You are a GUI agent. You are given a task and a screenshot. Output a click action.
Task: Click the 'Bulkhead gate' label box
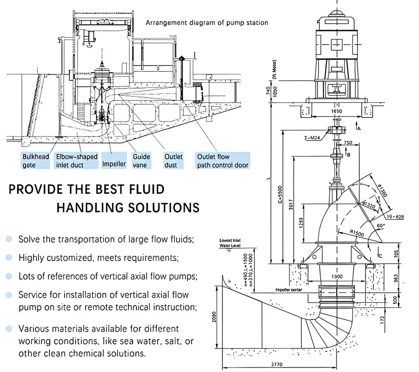(36, 160)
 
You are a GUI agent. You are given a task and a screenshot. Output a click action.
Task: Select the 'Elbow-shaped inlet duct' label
(76, 160)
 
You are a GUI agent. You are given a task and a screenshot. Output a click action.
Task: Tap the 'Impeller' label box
(114, 164)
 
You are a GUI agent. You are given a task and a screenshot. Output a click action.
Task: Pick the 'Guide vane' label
(141, 160)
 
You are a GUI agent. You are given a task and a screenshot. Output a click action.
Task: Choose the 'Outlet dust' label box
(174, 160)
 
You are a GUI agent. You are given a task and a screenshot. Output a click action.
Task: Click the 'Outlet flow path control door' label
(222, 160)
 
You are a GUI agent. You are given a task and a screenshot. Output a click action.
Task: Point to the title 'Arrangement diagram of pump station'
(207, 23)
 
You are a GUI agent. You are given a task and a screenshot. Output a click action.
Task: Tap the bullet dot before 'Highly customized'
(9, 257)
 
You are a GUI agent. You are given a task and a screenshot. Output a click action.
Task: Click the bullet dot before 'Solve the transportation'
(9, 239)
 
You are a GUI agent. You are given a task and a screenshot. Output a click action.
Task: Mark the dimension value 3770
(279, 364)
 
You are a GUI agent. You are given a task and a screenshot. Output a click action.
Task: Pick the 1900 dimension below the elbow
(337, 276)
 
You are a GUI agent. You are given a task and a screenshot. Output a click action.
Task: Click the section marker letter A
(359, 129)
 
